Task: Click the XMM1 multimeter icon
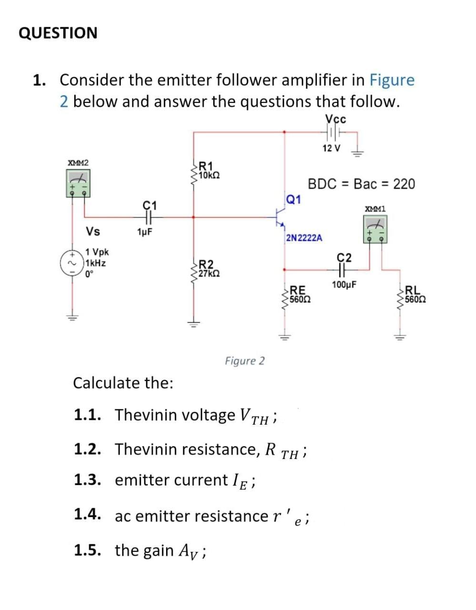tap(375, 229)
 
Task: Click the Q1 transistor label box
tap(294, 199)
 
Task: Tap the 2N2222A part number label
tap(304, 237)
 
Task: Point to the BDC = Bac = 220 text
tap(361, 183)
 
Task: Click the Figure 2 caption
tap(245, 361)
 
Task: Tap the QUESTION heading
tap(58, 33)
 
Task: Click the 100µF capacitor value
tap(345, 285)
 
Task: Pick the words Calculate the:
tap(123, 383)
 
